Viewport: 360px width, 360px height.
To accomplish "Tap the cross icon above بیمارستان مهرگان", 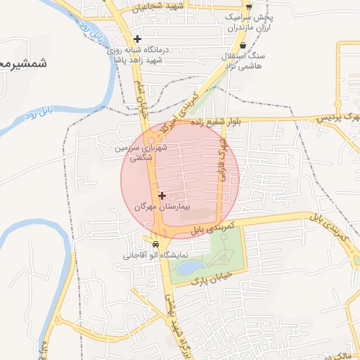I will pyautogui.click(x=162, y=195).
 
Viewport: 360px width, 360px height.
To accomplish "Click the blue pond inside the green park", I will pyautogui.click(x=189, y=268).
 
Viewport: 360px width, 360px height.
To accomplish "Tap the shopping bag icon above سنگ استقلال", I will pyautogui.click(x=243, y=45).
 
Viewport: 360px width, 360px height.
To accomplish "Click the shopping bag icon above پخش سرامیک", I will pyautogui.click(x=248, y=6).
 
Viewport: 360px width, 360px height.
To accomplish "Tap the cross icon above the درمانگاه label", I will pyautogui.click(x=137, y=39).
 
